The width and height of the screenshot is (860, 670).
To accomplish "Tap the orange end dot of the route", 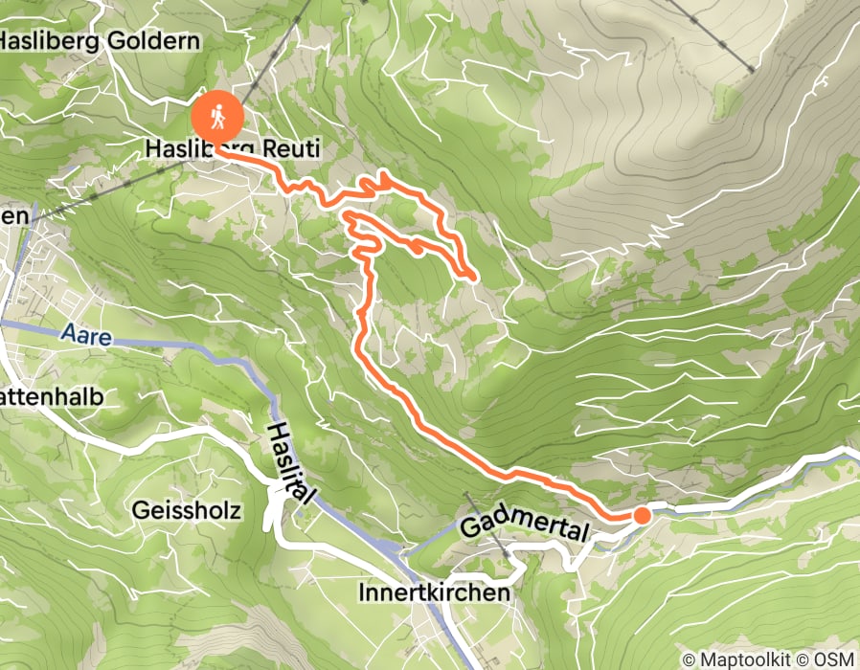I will pos(642,516).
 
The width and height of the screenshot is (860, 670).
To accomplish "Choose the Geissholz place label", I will pos(187,510).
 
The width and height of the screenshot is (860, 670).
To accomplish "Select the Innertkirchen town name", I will pos(434,592).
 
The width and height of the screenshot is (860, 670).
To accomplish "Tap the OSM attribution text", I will pos(835,659).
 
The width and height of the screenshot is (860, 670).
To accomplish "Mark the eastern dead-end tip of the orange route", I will pos(473,278).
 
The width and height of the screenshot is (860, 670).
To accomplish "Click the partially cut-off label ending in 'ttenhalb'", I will pos(51,396).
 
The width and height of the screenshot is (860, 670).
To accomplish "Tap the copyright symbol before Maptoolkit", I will pos(689,659).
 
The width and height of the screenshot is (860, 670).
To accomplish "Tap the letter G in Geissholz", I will pos(142,510).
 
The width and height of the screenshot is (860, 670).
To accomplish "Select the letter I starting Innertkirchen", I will pos(361,592).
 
